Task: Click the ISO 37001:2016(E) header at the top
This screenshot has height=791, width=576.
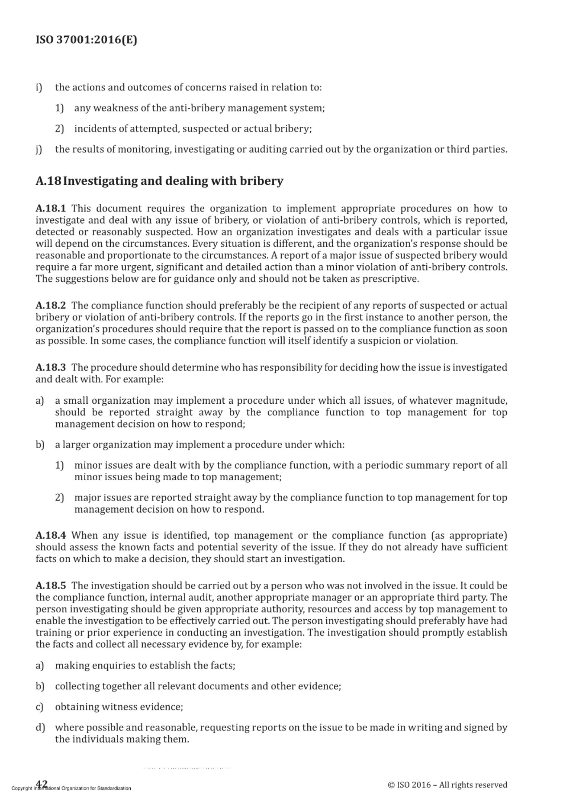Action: coord(86,39)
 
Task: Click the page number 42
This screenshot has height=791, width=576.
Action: coord(42,783)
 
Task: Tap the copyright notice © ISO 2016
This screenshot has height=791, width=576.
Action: coord(447,784)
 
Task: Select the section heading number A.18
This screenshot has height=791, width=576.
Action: coord(48,181)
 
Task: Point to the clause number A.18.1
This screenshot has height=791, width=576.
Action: coord(51,208)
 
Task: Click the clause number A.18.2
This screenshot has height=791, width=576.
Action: coord(51,305)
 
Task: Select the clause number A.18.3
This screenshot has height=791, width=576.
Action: coord(51,367)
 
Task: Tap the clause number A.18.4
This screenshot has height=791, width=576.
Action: coord(51,535)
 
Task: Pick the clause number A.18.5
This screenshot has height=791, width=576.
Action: coord(51,586)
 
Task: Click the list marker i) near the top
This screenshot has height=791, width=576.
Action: coord(39,87)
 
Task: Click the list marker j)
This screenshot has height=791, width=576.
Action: coord(39,150)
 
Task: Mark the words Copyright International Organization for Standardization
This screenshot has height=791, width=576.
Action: coord(71,788)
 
